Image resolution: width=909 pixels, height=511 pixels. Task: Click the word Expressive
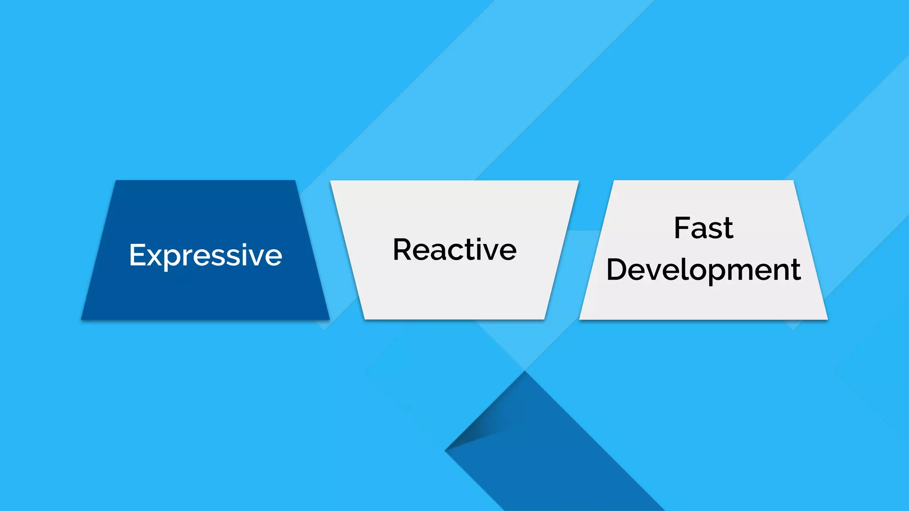click(x=206, y=255)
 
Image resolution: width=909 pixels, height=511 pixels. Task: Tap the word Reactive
click(x=454, y=250)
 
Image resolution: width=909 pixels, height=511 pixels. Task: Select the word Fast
click(x=703, y=228)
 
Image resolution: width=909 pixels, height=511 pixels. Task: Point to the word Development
click(x=703, y=270)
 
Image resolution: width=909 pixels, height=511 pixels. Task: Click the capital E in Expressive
click(x=136, y=255)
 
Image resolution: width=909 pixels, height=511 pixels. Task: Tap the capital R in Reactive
click(x=403, y=249)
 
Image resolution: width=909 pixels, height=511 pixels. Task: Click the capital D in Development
click(x=617, y=269)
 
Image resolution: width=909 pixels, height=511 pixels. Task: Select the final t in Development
click(x=796, y=270)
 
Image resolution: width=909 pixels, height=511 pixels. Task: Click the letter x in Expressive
click(x=153, y=257)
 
